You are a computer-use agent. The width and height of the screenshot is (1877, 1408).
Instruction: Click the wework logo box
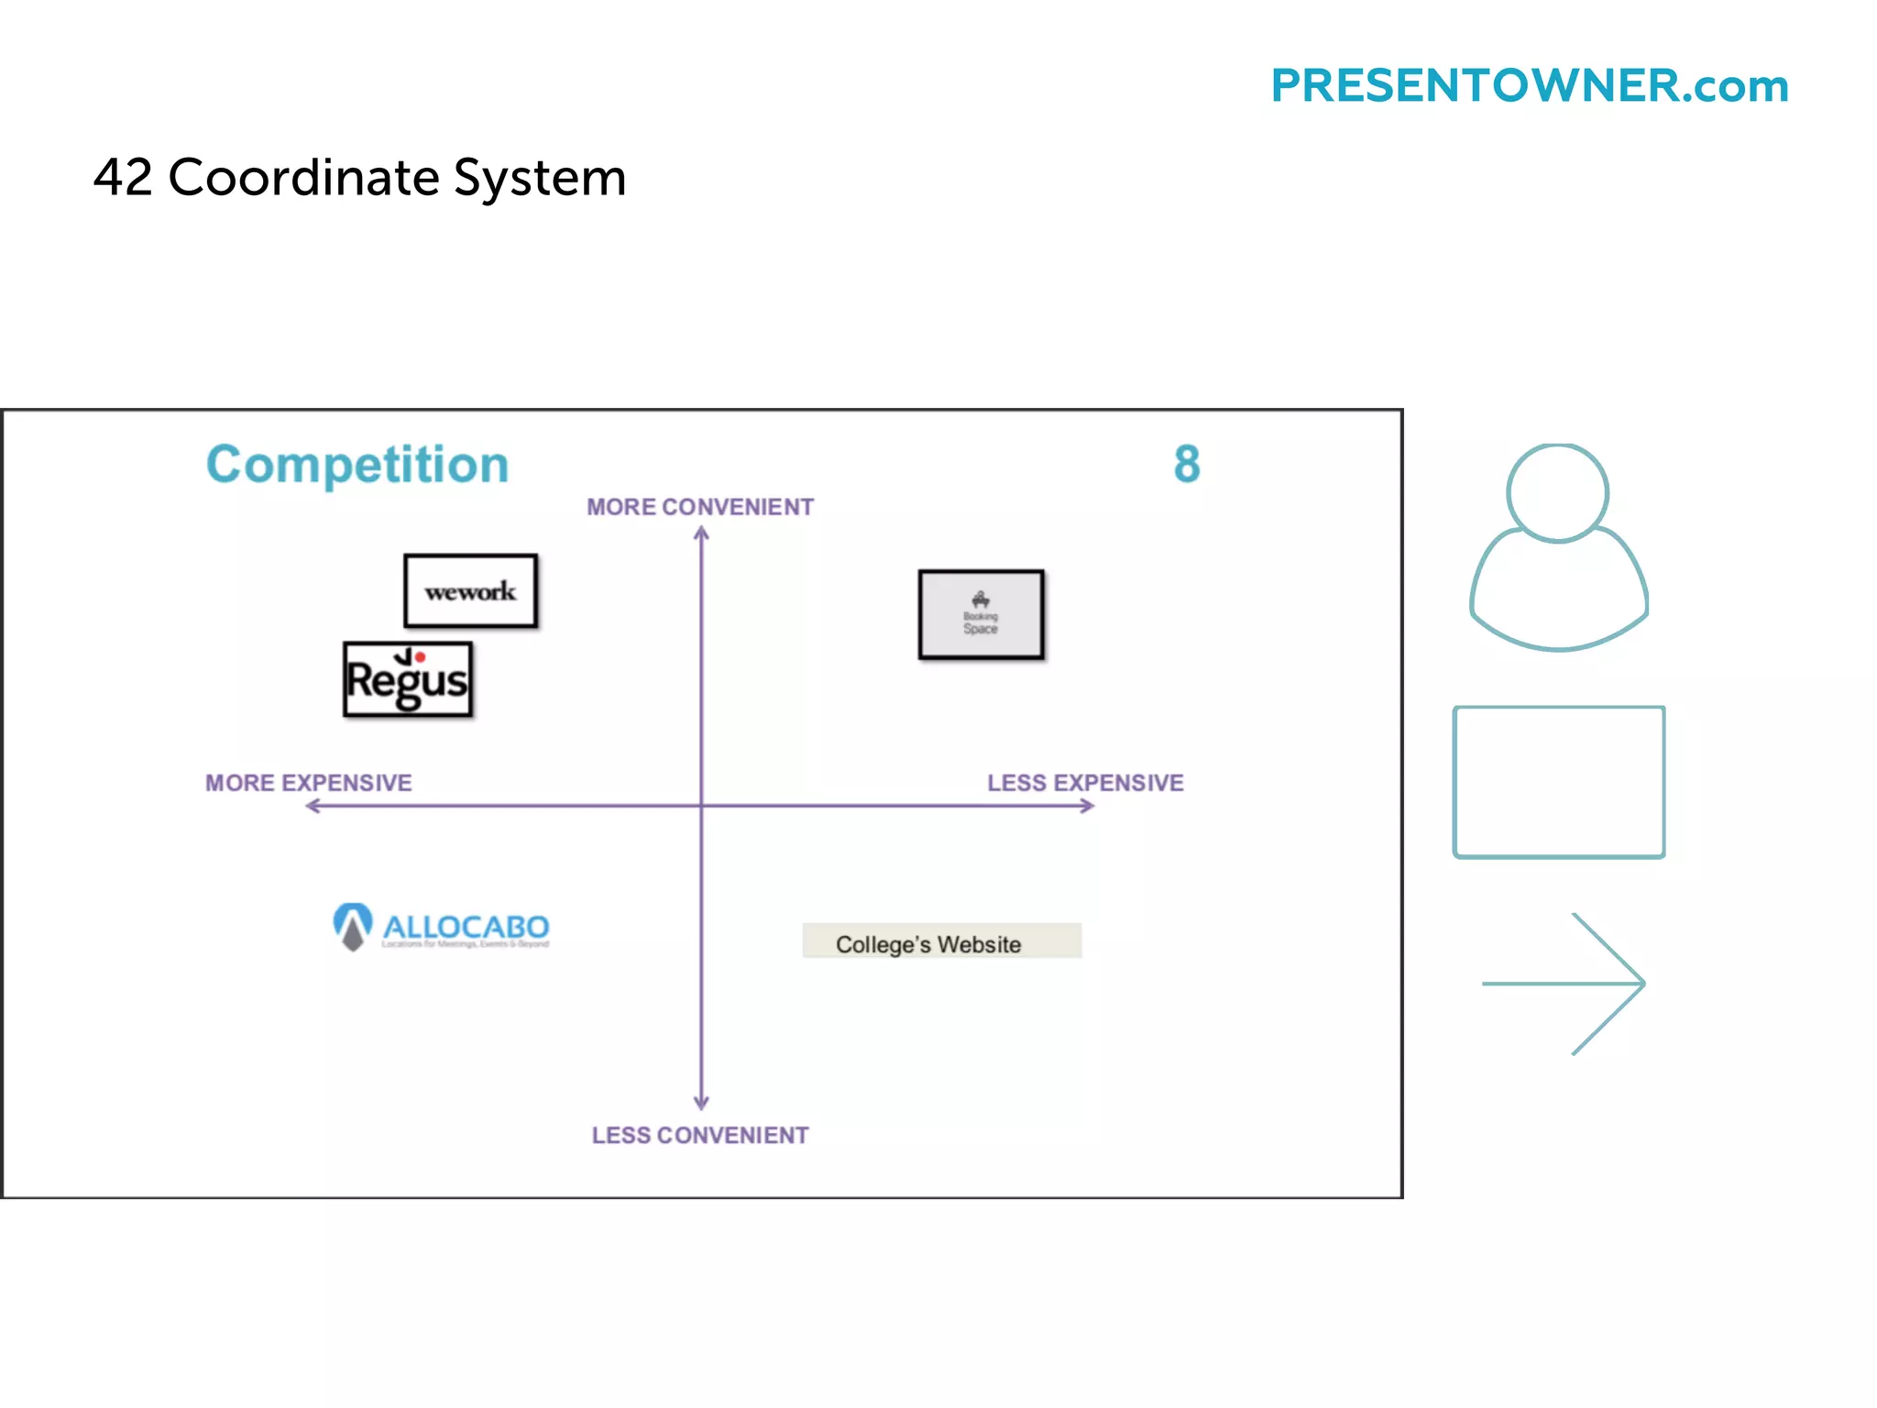[x=470, y=591]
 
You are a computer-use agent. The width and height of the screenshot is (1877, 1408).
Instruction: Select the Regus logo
[x=408, y=680]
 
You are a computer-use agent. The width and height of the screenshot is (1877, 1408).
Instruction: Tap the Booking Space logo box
[x=981, y=614]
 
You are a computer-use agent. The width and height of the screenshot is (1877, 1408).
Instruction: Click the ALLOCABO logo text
[x=466, y=928]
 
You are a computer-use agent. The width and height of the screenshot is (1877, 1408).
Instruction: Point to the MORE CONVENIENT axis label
[x=700, y=507]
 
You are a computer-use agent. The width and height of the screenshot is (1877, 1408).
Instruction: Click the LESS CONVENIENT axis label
[x=700, y=1135]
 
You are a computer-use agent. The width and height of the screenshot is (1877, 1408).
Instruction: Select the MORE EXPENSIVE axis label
[x=309, y=783]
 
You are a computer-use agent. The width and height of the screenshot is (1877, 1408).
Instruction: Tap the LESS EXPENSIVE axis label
[x=1085, y=783]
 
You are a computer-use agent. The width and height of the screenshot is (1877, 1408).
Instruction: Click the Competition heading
[x=357, y=465]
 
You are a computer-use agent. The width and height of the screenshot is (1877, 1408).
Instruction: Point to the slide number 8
[x=1187, y=464]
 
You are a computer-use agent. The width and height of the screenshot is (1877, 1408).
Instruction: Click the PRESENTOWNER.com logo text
[x=1529, y=86]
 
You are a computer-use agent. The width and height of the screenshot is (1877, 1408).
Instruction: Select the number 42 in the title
[x=123, y=177]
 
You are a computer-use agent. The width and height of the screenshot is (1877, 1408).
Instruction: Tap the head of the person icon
[x=1557, y=493]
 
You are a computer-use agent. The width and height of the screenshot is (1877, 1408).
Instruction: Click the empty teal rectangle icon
[x=1558, y=782]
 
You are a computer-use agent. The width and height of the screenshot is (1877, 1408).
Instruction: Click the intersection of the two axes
[x=702, y=806]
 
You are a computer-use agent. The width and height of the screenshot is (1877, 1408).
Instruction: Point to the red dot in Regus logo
[x=420, y=657]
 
